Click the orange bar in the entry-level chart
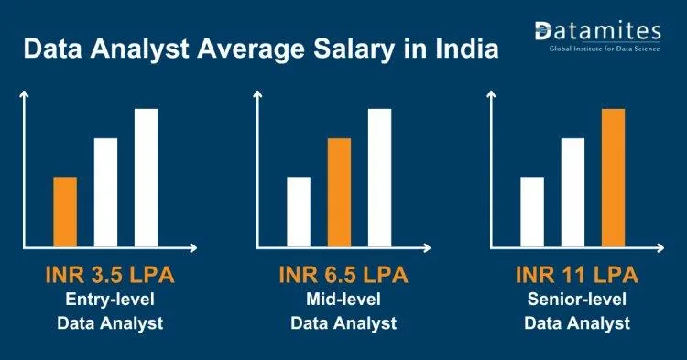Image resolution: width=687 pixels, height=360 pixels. pos(65,213)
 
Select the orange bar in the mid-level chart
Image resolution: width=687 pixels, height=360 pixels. pos(339,193)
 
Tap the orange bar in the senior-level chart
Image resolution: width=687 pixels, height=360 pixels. pos(614,179)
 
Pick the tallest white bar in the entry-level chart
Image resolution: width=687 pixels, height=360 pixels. pos(146,179)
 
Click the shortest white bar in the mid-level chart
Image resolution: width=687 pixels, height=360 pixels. pos(299,213)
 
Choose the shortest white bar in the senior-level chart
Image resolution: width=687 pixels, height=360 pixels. pos(532,213)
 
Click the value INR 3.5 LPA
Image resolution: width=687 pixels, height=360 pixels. pos(110,275)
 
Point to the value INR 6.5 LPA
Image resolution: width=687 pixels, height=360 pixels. pos(343,275)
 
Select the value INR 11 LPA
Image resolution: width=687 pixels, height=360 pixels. pos(577,275)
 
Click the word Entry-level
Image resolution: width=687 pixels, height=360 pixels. pos(110,300)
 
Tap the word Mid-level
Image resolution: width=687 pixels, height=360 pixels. pos(343,300)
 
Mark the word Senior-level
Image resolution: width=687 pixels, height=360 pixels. pos(577,300)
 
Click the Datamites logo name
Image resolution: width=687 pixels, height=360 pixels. pos(597,31)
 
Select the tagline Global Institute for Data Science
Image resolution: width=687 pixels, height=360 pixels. pos(605,49)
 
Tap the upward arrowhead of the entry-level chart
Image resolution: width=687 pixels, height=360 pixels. pos(24,94)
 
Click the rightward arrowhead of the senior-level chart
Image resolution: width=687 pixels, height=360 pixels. pos(660,248)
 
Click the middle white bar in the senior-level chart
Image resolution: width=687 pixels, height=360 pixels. pos(572,193)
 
